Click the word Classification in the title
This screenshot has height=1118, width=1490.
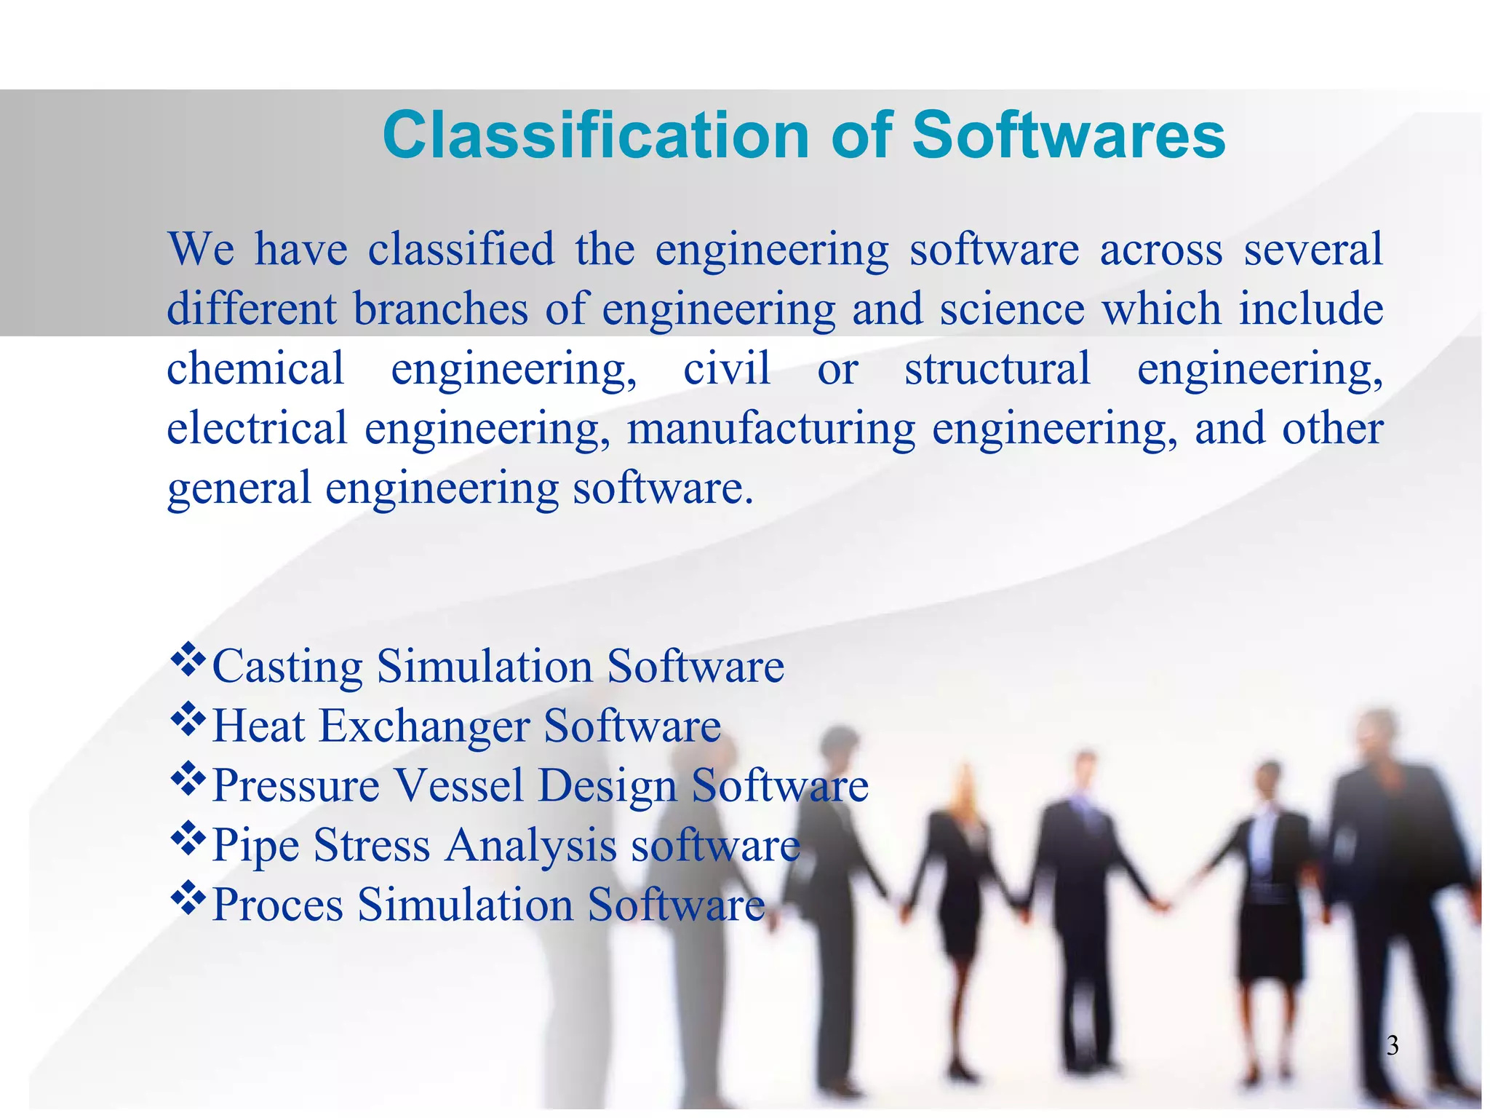pos(595,136)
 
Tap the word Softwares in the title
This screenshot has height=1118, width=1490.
pos(1068,136)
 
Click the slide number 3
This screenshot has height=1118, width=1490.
pos(1392,1046)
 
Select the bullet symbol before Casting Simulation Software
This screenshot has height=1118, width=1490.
pos(188,659)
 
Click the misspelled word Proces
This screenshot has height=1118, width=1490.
pos(277,905)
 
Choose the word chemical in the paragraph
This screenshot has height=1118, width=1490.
pos(255,368)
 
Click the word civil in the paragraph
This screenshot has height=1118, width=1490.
pos(726,368)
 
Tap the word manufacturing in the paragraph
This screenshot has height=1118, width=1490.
pos(770,429)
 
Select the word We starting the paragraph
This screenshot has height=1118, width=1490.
pos(202,250)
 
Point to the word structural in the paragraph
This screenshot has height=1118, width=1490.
pos(997,368)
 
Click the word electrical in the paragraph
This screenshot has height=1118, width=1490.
pos(257,429)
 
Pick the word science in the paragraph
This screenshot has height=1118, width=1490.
pos(1012,309)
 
